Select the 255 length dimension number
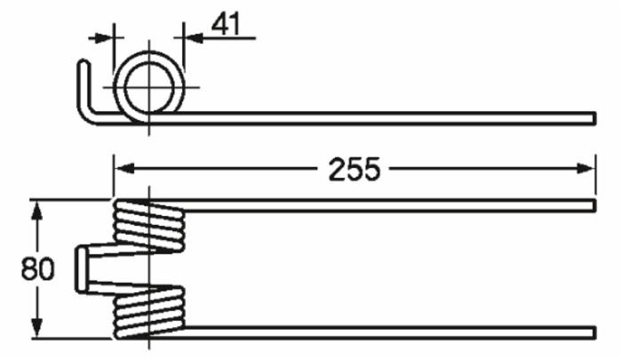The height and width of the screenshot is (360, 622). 354,169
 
